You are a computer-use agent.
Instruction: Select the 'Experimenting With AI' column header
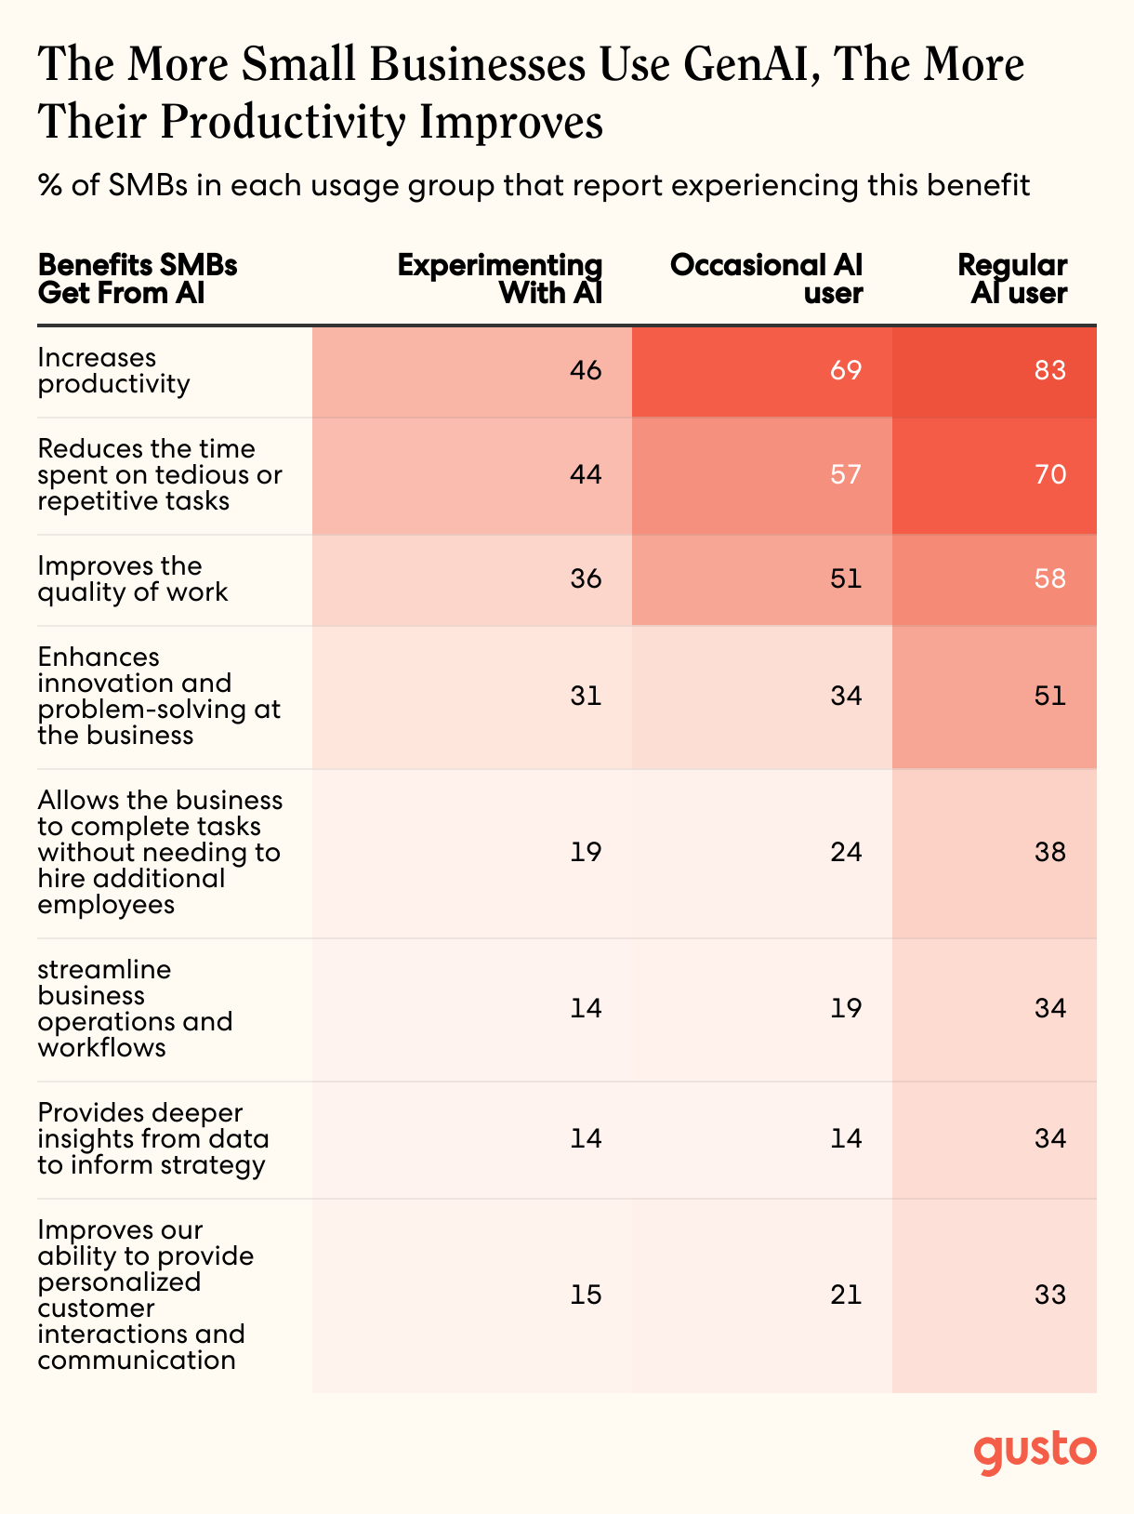coord(500,279)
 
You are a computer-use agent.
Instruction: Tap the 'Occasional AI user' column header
coord(766,279)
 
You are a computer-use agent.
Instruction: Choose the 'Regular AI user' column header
coord(1012,279)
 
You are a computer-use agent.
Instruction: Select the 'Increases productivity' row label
coord(113,371)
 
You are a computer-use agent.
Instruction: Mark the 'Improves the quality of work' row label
coord(132,579)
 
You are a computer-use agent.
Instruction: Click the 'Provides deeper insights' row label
coord(152,1139)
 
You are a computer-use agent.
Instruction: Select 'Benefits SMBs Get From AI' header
coord(138,279)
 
